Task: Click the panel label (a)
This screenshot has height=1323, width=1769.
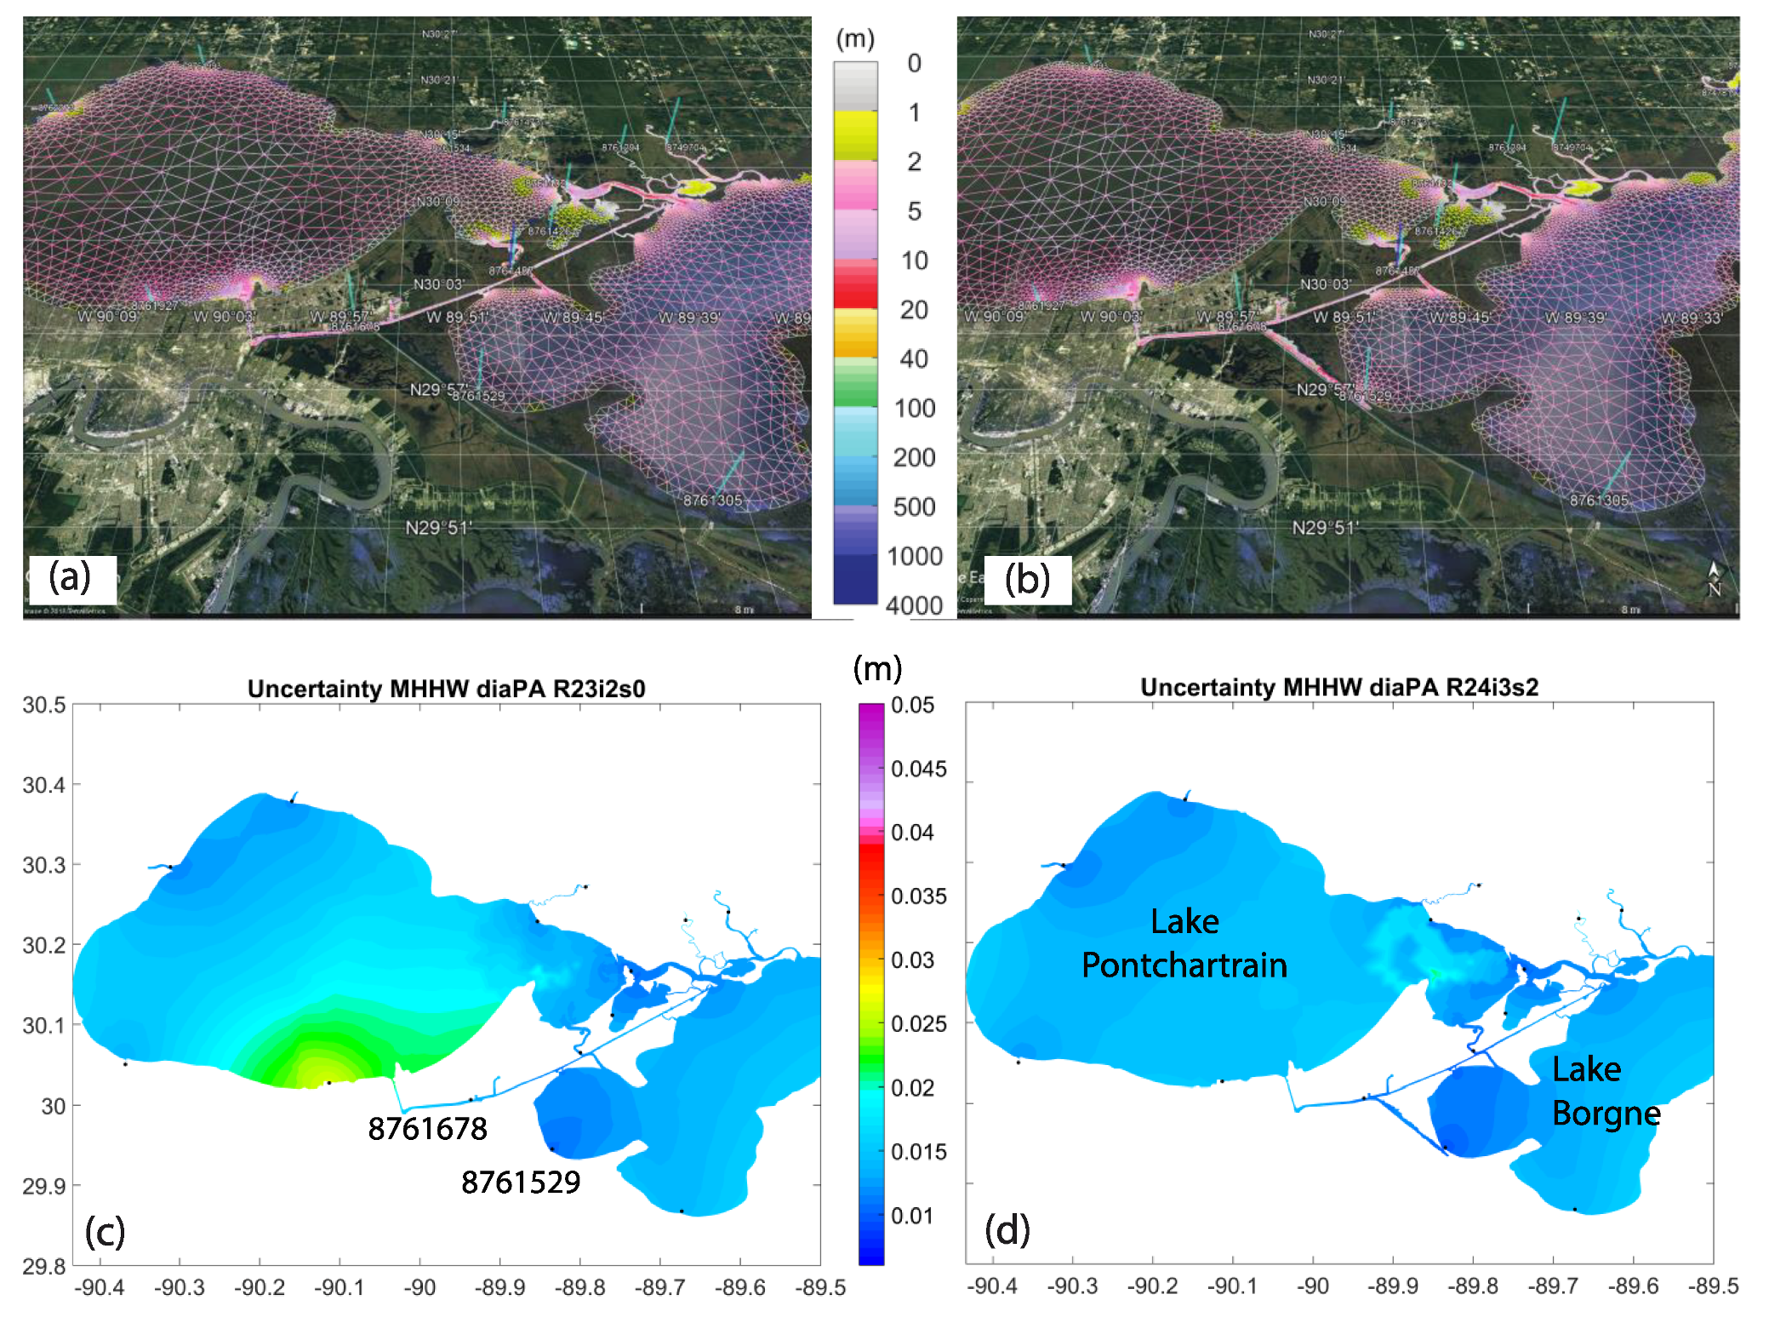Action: click(x=70, y=577)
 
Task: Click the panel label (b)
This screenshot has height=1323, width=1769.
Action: click(x=1026, y=580)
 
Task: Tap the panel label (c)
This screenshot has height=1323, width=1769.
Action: click(x=105, y=1231)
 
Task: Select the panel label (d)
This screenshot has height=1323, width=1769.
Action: click(x=1007, y=1229)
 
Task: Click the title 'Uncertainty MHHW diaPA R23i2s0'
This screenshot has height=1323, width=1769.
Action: click(x=446, y=688)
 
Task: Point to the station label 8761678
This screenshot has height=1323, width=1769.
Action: click(x=427, y=1129)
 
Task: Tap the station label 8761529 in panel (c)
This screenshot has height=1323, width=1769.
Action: click(x=521, y=1182)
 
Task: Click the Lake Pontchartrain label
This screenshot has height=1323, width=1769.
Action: click(x=1184, y=943)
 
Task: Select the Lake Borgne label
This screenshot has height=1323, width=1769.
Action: click(x=1606, y=1091)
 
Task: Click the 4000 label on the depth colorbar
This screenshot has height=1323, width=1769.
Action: click(x=914, y=605)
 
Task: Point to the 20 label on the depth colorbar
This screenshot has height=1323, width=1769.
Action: click(x=914, y=310)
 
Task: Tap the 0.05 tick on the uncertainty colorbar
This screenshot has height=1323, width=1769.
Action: click(x=912, y=705)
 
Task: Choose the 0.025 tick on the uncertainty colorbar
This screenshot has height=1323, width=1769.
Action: click(x=918, y=1023)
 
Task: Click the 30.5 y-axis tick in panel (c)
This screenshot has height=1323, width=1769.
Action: click(x=44, y=705)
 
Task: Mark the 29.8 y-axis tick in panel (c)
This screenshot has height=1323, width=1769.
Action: click(x=44, y=1266)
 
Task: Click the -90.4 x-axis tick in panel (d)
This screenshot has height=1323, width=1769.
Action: click(x=992, y=1286)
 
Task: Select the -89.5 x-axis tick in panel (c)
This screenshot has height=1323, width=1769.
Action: click(x=820, y=1287)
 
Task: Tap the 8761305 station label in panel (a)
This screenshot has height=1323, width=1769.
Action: click(x=712, y=501)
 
